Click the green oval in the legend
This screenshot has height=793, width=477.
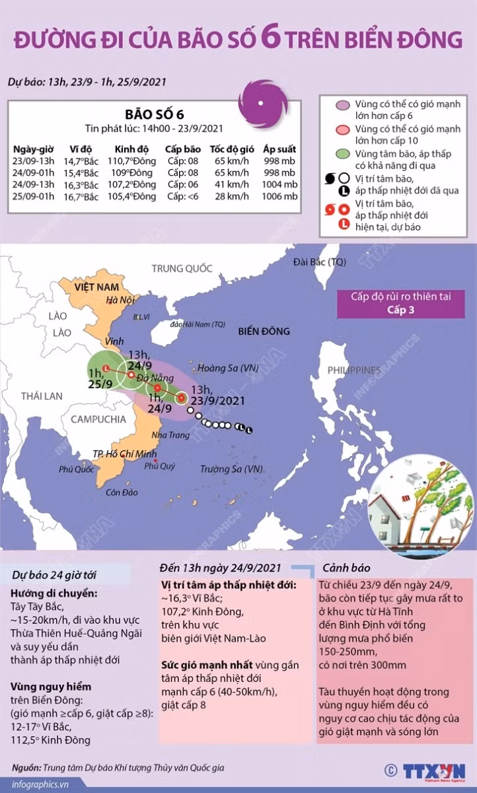point(342,153)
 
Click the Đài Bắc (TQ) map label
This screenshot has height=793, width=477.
point(320,262)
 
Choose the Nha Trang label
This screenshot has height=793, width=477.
point(169,434)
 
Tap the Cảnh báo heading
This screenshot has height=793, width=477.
point(347,568)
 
